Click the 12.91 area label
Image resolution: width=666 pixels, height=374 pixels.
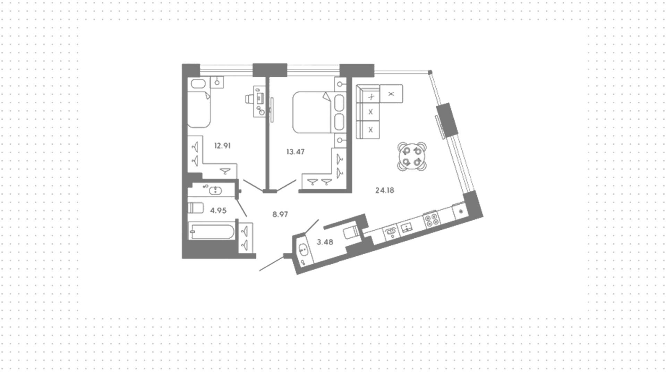pyautogui.click(x=222, y=146)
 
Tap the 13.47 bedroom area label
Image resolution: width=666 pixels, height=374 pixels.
pyautogui.click(x=296, y=152)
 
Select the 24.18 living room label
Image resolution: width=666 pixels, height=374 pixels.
pyautogui.click(x=385, y=190)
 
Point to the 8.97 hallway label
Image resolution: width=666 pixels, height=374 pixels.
pyautogui.click(x=280, y=214)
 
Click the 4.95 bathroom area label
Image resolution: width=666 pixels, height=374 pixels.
pyautogui.click(x=218, y=210)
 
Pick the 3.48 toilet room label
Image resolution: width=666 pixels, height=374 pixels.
pyautogui.click(x=325, y=242)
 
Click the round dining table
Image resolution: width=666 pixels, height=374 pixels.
pyautogui.click(x=412, y=156)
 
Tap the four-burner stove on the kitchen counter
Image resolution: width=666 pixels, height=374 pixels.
pyautogui.click(x=432, y=219)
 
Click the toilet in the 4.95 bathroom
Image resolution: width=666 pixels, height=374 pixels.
pyautogui.click(x=195, y=208)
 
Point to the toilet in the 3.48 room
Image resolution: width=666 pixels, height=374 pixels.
pyautogui.click(x=351, y=232)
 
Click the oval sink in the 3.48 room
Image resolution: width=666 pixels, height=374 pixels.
pyautogui.click(x=302, y=249)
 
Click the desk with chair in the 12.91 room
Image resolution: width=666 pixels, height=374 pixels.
pyautogui.click(x=259, y=101)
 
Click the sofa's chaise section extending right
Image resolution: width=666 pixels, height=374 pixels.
pyautogui.click(x=391, y=94)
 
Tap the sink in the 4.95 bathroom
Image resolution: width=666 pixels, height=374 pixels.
pyautogui.click(x=216, y=190)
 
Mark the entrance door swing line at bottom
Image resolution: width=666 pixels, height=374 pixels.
pyautogui.click(x=272, y=264)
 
